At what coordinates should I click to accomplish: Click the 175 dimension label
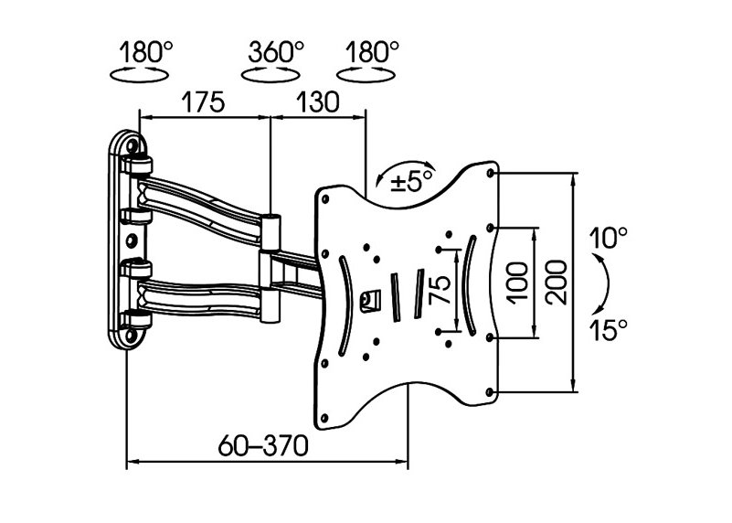[203, 101]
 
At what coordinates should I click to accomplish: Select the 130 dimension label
[317, 101]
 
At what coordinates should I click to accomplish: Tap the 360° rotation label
[276, 51]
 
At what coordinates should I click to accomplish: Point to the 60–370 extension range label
[263, 445]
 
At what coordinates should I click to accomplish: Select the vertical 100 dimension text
[518, 283]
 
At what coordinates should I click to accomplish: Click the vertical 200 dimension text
[556, 283]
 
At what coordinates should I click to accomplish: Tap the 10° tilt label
[608, 238]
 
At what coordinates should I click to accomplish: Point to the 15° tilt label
[608, 330]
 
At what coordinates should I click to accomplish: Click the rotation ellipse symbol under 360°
[270, 75]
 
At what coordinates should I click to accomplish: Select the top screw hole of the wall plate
[132, 145]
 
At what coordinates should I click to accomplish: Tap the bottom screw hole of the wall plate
[131, 335]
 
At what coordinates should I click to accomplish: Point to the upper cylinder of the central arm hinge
[271, 232]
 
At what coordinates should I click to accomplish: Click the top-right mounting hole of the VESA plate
[490, 173]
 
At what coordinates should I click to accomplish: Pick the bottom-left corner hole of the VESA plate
[324, 418]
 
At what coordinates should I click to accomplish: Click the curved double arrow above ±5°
[405, 170]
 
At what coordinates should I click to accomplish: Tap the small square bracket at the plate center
[370, 300]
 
